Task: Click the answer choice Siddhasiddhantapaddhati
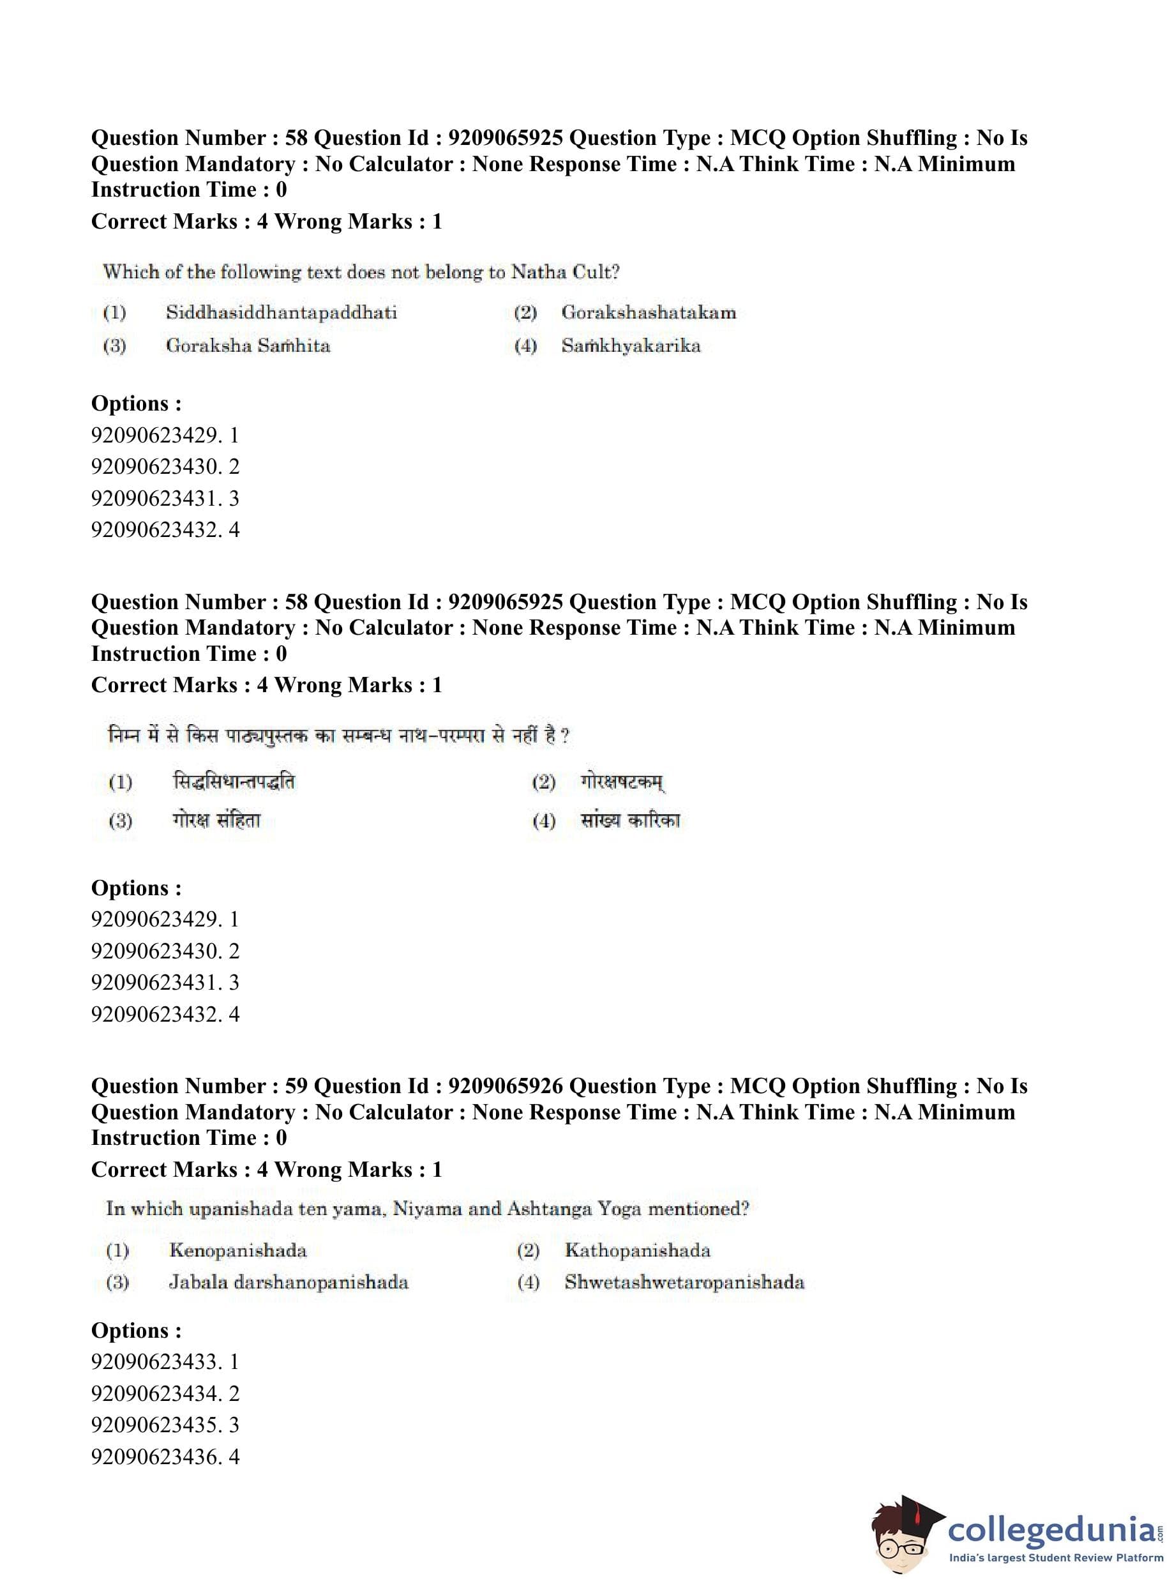(x=281, y=312)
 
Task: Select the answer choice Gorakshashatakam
(x=649, y=312)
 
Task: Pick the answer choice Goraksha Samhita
(x=248, y=345)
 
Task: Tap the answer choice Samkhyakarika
(x=631, y=345)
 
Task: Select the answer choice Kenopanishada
(x=237, y=1250)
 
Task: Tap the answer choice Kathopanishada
(x=637, y=1250)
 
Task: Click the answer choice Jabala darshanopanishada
(x=288, y=1282)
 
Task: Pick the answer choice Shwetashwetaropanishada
(x=684, y=1282)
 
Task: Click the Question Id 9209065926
(x=505, y=1086)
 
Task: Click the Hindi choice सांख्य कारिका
(x=630, y=821)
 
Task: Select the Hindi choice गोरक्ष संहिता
(x=216, y=821)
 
